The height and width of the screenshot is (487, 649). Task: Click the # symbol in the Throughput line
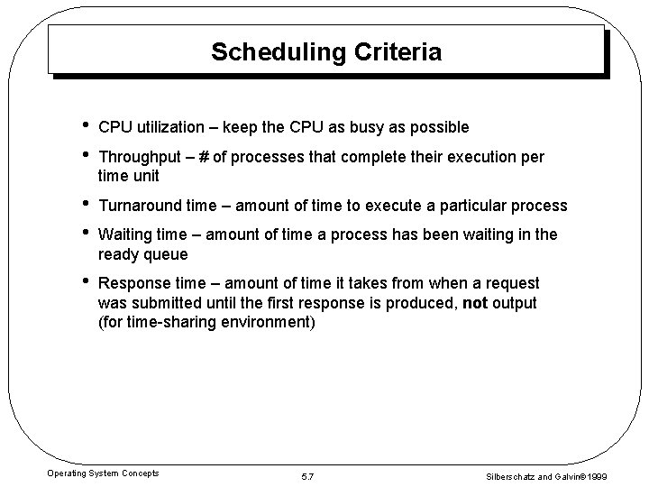(x=206, y=157)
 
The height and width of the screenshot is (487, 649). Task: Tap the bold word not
(x=474, y=303)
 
